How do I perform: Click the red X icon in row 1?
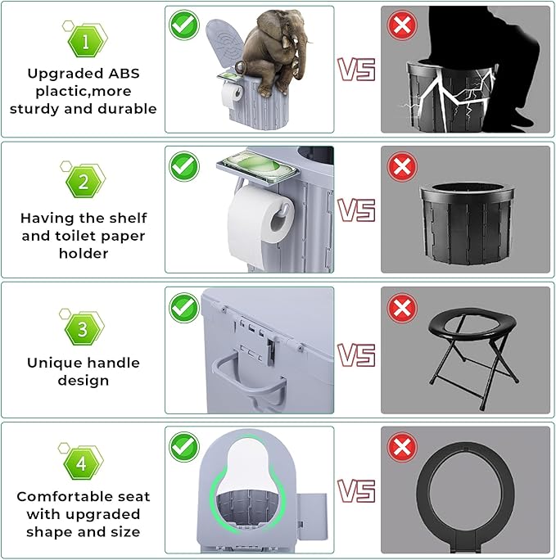(x=401, y=25)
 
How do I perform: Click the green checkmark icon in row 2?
(x=184, y=166)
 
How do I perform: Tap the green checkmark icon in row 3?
(x=184, y=308)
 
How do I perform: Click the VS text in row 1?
(x=357, y=70)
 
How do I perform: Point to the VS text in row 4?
(x=357, y=490)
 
